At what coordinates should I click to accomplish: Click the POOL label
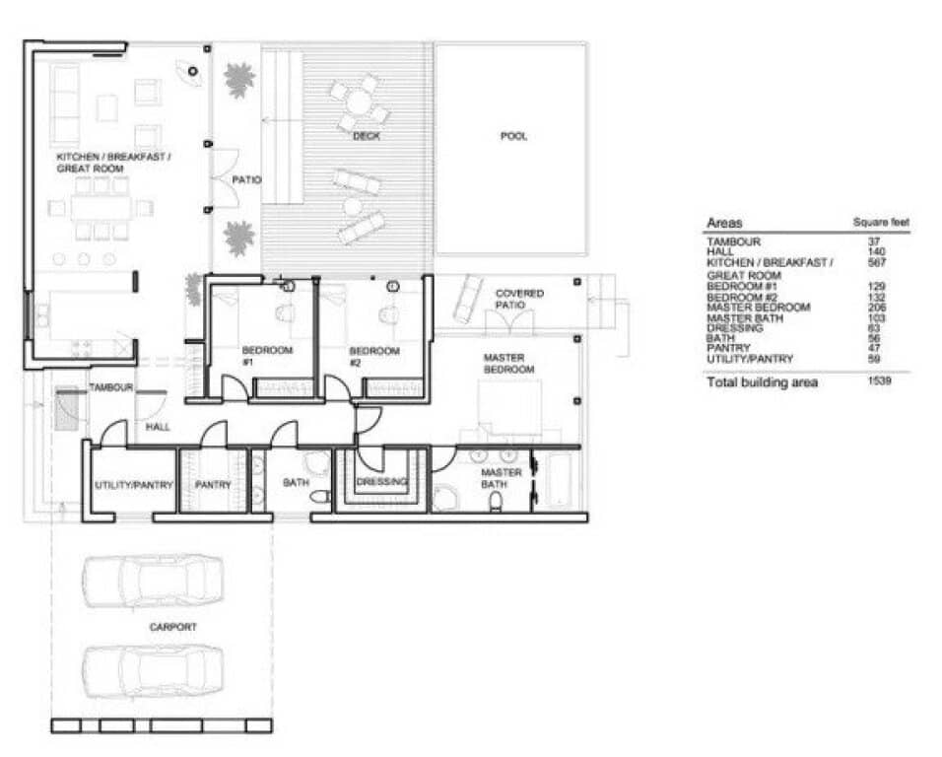pyautogui.click(x=512, y=136)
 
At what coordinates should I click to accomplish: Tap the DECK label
pyautogui.click(x=367, y=136)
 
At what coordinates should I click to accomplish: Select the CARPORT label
pyautogui.click(x=172, y=626)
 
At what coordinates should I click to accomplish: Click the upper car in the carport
pyautogui.click(x=153, y=581)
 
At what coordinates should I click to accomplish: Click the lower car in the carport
pyautogui.click(x=153, y=670)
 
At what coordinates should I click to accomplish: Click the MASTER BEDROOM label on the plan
pyautogui.click(x=507, y=363)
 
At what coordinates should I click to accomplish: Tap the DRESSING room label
pyautogui.click(x=381, y=482)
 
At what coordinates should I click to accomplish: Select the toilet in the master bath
pyautogui.click(x=496, y=503)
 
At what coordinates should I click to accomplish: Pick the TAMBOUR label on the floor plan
pyautogui.click(x=110, y=387)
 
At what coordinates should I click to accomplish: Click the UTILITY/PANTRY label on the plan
pyautogui.click(x=134, y=485)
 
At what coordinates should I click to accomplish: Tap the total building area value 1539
pyautogui.click(x=878, y=380)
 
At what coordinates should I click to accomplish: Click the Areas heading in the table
pyautogui.click(x=724, y=224)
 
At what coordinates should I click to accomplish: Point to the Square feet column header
pyautogui.click(x=880, y=224)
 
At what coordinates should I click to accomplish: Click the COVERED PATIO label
pyautogui.click(x=519, y=300)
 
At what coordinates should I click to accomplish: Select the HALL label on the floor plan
pyautogui.click(x=158, y=428)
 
